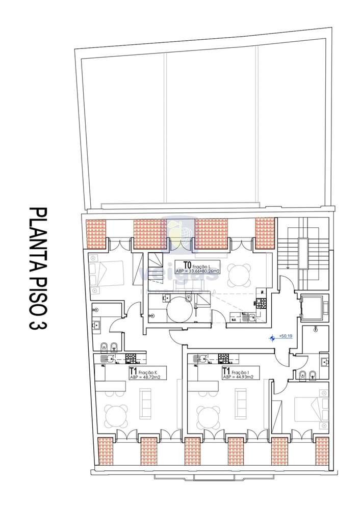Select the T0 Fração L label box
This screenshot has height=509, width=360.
(x=197, y=267)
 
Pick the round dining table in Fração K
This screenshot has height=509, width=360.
(x=115, y=414)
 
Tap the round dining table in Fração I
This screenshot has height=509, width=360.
(x=208, y=414)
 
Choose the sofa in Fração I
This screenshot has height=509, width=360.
(x=239, y=403)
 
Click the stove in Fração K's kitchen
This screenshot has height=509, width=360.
(x=131, y=359)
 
